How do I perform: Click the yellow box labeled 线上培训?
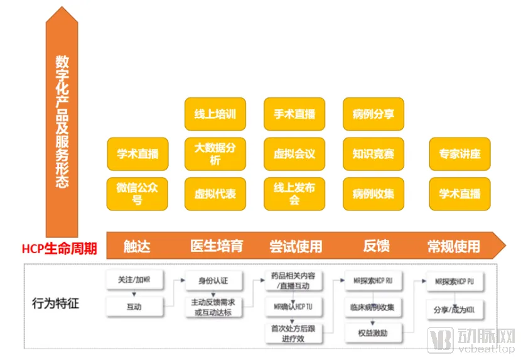pyautogui.click(x=215, y=114)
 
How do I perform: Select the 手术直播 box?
pyautogui.click(x=294, y=114)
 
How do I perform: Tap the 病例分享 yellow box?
pyautogui.click(x=373, y=114)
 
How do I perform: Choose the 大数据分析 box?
pyautogui.click(x=215, y=154)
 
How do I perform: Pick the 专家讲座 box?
pyautogui.click(x=459, y=154)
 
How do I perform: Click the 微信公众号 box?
pyautogui.click(x=137, y=194)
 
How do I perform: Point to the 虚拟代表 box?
pyautogui.click(x=215, y=194)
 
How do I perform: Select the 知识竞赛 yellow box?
pyautogui.click(x=373, y=154)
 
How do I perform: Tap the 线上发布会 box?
pyautogui.click(x=294, y=194)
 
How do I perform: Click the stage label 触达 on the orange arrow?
pyautogui.click(x=137, y=246)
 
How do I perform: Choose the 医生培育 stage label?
pyautogui.click(x=217, y=246)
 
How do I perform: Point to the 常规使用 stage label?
pyautogui.click(x=453, y=246)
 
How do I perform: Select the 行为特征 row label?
pyautogui.click(x=56, y=304)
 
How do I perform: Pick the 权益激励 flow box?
pyautogui.click(x=373, y=331)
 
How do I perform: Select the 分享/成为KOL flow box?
pyautogui.click(x=454, y=310)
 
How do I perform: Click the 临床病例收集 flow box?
pyautogui.click(x=373, y=307)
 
